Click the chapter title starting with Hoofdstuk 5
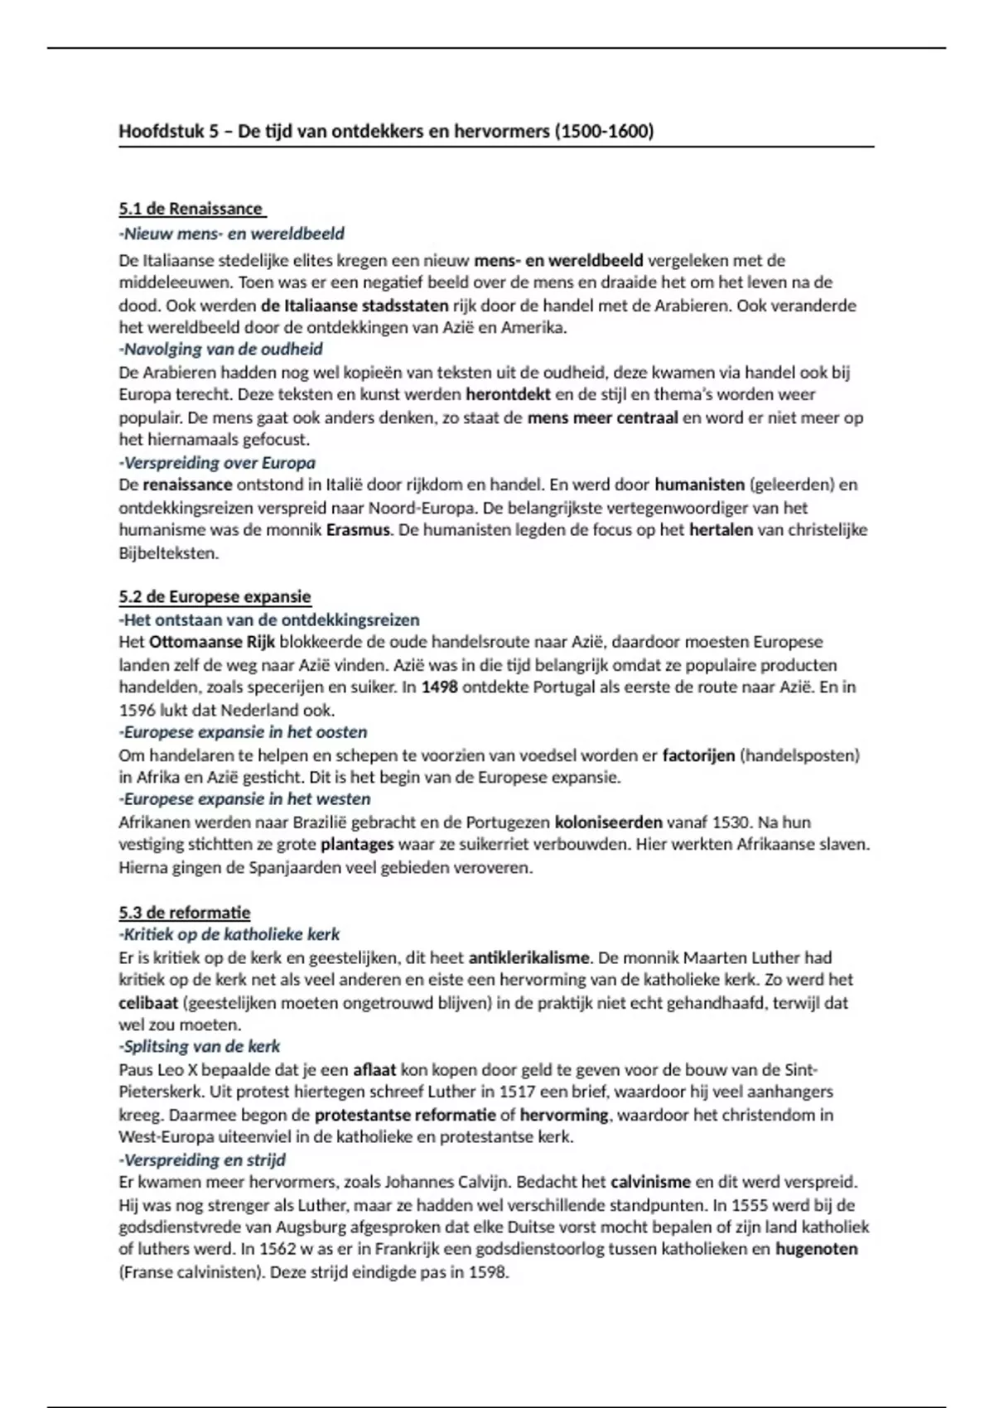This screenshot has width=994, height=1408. [386, 131]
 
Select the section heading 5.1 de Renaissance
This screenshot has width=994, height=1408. [191, 209]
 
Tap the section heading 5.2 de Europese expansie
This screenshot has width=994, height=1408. [215, 596]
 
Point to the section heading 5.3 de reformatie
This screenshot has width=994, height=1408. [185, 913]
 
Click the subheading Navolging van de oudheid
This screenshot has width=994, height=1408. [221, 350]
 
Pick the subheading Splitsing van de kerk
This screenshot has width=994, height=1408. [200, 1046]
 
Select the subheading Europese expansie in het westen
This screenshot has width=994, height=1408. [245, 799]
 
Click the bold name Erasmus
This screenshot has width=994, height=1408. [358, 530]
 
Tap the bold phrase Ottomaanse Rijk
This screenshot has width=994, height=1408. [212, 642]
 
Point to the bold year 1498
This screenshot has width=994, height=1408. [439, 687]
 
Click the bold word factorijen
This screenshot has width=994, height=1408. [698, 755]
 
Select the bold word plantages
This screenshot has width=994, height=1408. [357, 845]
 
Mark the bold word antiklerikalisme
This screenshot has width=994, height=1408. [529, 958]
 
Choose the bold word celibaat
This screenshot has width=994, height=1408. [148, 1003]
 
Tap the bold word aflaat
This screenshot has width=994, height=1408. [374, 1069]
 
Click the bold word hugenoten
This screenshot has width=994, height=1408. [816, 1249]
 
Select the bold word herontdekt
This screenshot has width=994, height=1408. [508, 395]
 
